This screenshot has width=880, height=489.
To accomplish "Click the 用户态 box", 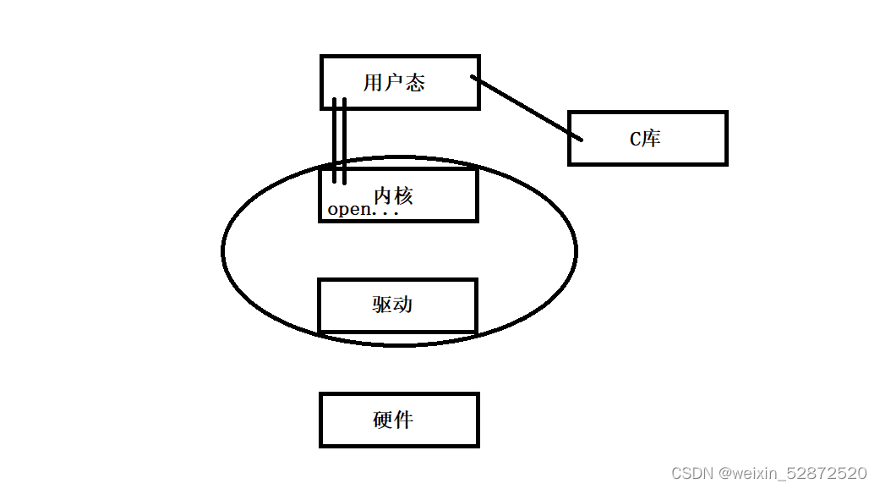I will tap(400, 82).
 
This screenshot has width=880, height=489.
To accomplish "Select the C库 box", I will tap(648, 138).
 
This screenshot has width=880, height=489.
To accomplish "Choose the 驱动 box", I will tap(397, 305).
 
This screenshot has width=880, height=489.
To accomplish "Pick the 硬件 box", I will tap(399, 420).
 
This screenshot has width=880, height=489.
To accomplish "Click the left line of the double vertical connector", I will tap(335, 140).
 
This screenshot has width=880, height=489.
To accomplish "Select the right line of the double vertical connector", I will tap(345, 140).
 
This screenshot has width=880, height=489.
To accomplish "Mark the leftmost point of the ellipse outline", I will tap(223, 250).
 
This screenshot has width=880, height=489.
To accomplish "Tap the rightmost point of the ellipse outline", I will tap(577, 250).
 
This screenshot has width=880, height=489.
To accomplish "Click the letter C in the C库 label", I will tap(636, 139).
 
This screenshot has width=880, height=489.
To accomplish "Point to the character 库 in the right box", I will tap(651, 138).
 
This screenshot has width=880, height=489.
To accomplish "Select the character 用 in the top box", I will tap(373, 82).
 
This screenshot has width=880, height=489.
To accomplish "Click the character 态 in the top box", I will tap(414, 82).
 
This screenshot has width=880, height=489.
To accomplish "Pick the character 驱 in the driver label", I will tap(382, 305).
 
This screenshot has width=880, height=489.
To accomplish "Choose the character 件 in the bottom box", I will tap(404, 420).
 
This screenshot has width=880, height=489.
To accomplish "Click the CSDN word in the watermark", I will tap(690, 473).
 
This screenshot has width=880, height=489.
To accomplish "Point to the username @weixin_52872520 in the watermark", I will tap(791, 473).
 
